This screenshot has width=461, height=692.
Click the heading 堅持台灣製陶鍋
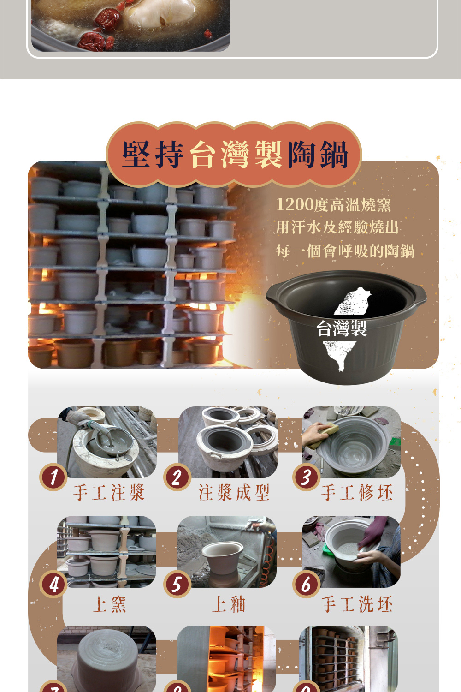(235, 154)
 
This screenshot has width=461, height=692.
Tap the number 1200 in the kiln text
(294, 204)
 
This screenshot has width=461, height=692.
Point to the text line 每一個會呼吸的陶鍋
(344, 251)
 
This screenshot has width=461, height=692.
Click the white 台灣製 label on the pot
(342, 328)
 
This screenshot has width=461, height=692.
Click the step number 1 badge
(53, 477)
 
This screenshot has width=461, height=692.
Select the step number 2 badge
(177, 477)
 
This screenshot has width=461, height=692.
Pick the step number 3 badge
(306, 477)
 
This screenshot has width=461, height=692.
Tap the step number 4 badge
(53, 584)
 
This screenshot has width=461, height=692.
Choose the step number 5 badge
(177, 584)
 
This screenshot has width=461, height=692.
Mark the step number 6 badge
(306, 584)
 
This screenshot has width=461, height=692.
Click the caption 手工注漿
(109, 493)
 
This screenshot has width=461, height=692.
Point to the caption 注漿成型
(234, 493)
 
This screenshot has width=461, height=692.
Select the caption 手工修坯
(357, 493)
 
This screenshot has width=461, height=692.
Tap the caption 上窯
(110, 604)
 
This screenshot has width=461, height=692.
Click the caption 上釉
(229, 604)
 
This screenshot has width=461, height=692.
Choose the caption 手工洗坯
(357, 604)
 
